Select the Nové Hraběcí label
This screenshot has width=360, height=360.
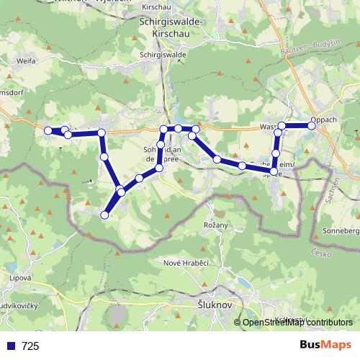[186, 264]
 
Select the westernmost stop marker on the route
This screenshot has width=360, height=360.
[48, 130]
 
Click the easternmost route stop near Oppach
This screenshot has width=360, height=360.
[312, 125]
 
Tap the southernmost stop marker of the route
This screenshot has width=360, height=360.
[104, 215]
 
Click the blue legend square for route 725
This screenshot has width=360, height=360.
[9, 346]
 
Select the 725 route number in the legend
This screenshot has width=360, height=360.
[30, 346]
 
